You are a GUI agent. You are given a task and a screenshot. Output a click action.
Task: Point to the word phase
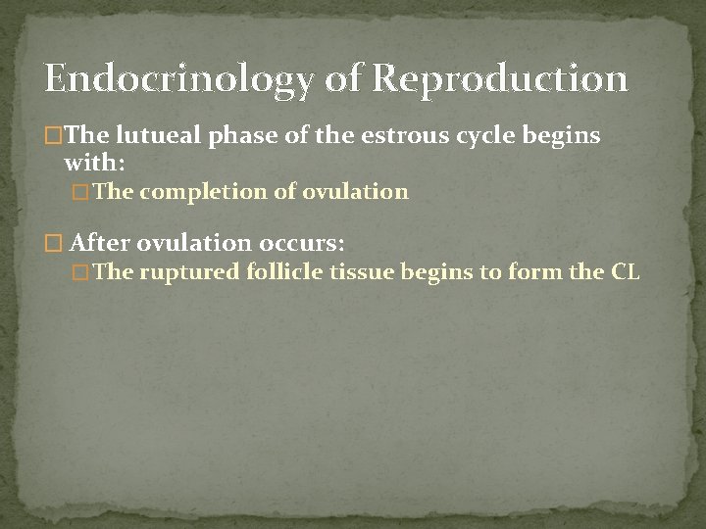(240, 135)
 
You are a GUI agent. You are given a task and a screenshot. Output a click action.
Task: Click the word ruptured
(189, 272)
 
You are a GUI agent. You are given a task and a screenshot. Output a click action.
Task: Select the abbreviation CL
(626, 272)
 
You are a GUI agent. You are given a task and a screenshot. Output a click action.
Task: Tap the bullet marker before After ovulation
(53, 243)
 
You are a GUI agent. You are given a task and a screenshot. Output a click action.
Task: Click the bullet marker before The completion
(81, 193)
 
